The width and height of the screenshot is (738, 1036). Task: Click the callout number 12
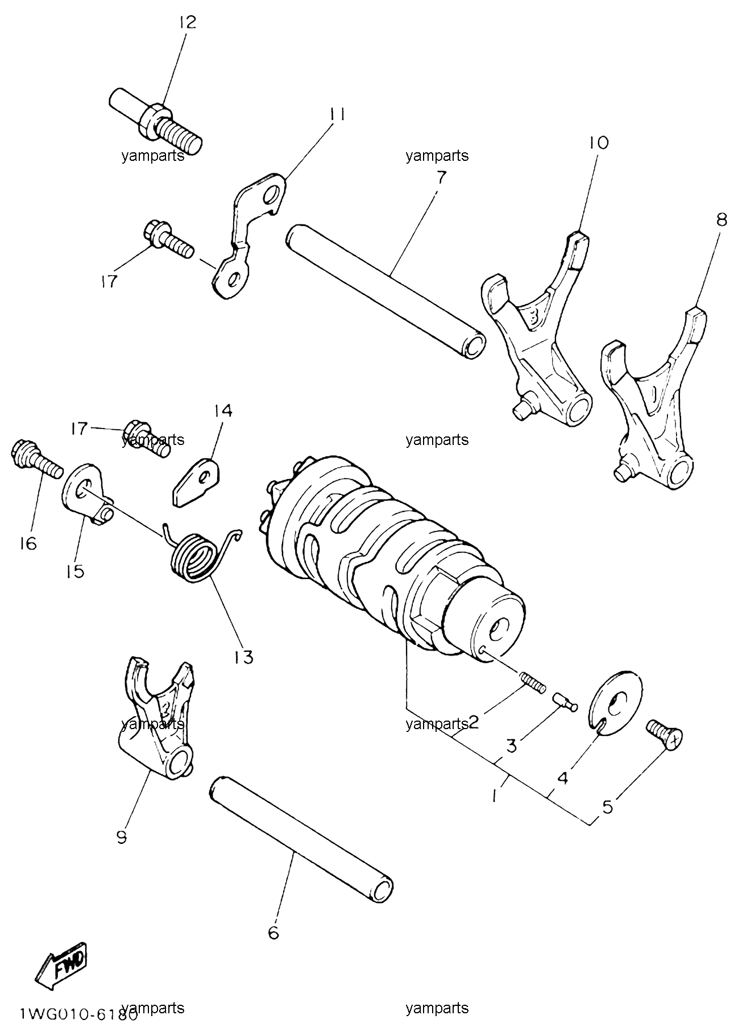point(186,22)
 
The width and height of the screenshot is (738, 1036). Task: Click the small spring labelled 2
point(533,681)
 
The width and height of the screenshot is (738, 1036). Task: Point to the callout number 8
point(721,220)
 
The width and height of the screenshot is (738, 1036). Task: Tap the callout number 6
point(273,933)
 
